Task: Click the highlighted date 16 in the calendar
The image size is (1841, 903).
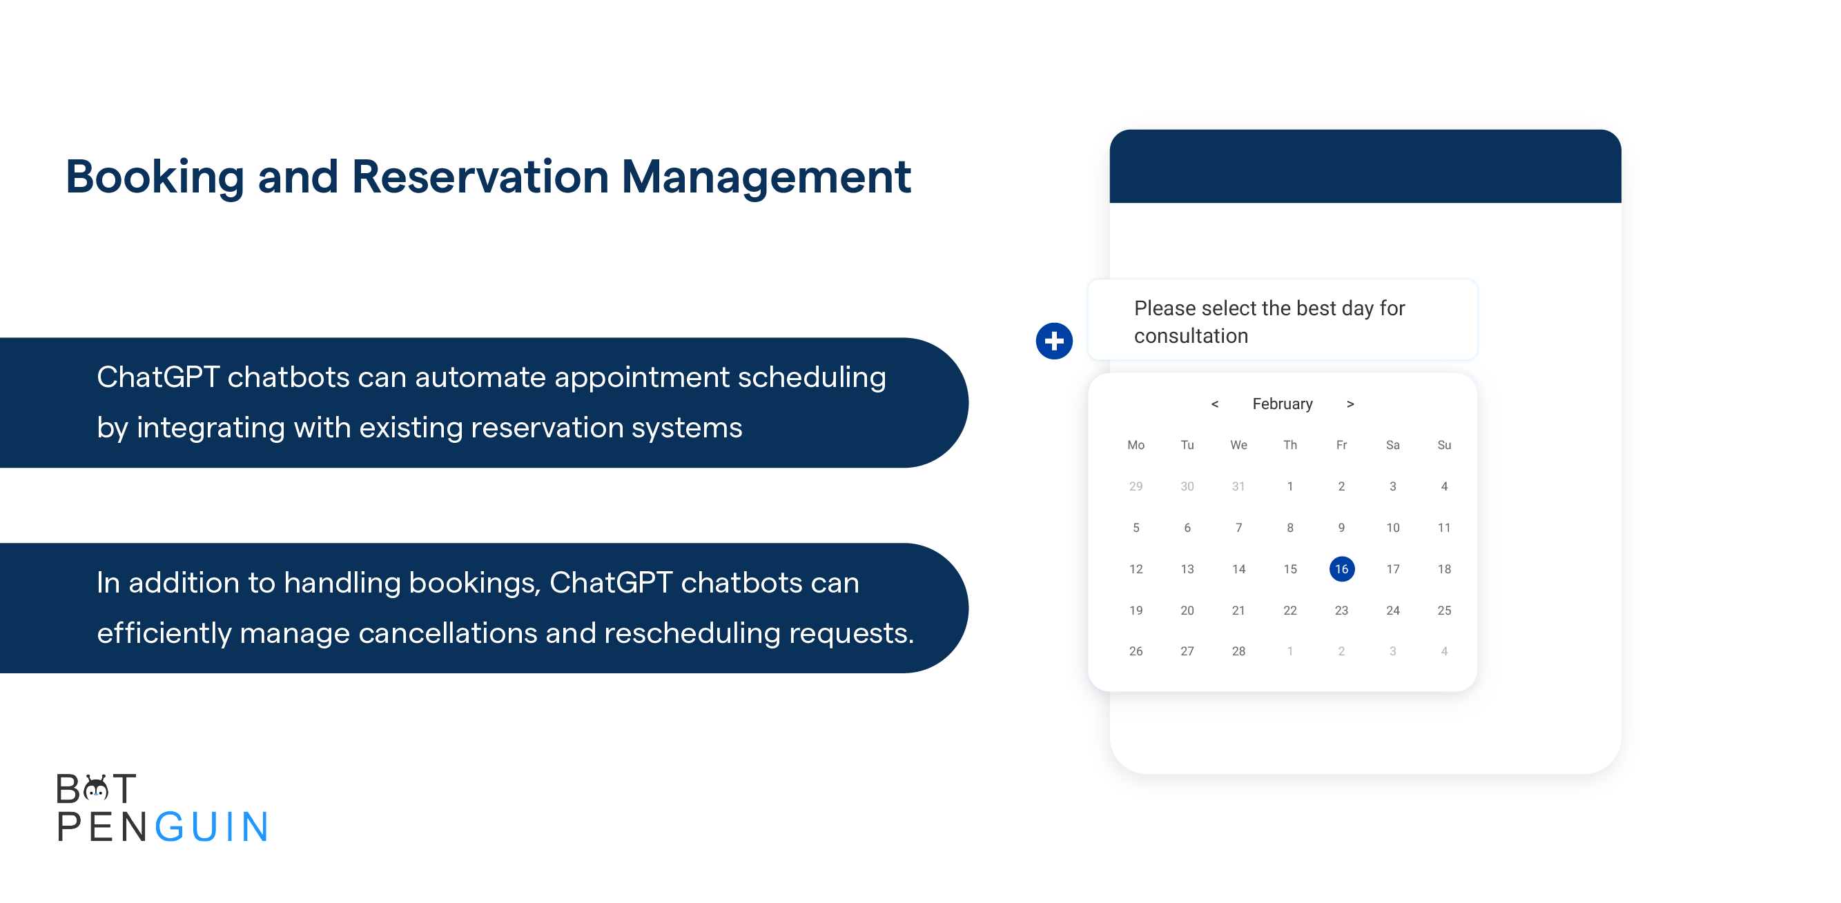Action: (x=1341, y=568)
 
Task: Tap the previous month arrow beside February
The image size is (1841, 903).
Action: (x=1214, y=404)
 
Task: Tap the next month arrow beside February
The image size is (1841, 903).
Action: (x=1350, y=404)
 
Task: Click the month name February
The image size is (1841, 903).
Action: (x=1282, y=404)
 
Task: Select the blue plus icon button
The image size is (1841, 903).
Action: (x=1054, y=341)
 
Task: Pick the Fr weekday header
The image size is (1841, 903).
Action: (x=1341, y=445)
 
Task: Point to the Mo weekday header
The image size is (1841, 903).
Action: (x=1136, y=445)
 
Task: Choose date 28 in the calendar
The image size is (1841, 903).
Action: (x=1238, y=651)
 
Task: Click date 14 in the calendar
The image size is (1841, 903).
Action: (x=1238, y=568)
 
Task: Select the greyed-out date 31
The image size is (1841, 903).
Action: (x=1238, y=486)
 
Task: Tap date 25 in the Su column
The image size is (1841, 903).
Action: (x=1444, y=610)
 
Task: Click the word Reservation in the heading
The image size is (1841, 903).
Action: (x=480, y=177)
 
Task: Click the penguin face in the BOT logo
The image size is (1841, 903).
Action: (x=96, y=788)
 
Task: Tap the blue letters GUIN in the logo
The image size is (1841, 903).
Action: (x=211, y=827)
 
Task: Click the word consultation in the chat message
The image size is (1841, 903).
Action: (x=1191, y=336)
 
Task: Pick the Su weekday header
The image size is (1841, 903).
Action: (x=1444, y=445)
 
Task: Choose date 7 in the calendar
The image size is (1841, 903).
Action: (x=1238, y=528)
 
